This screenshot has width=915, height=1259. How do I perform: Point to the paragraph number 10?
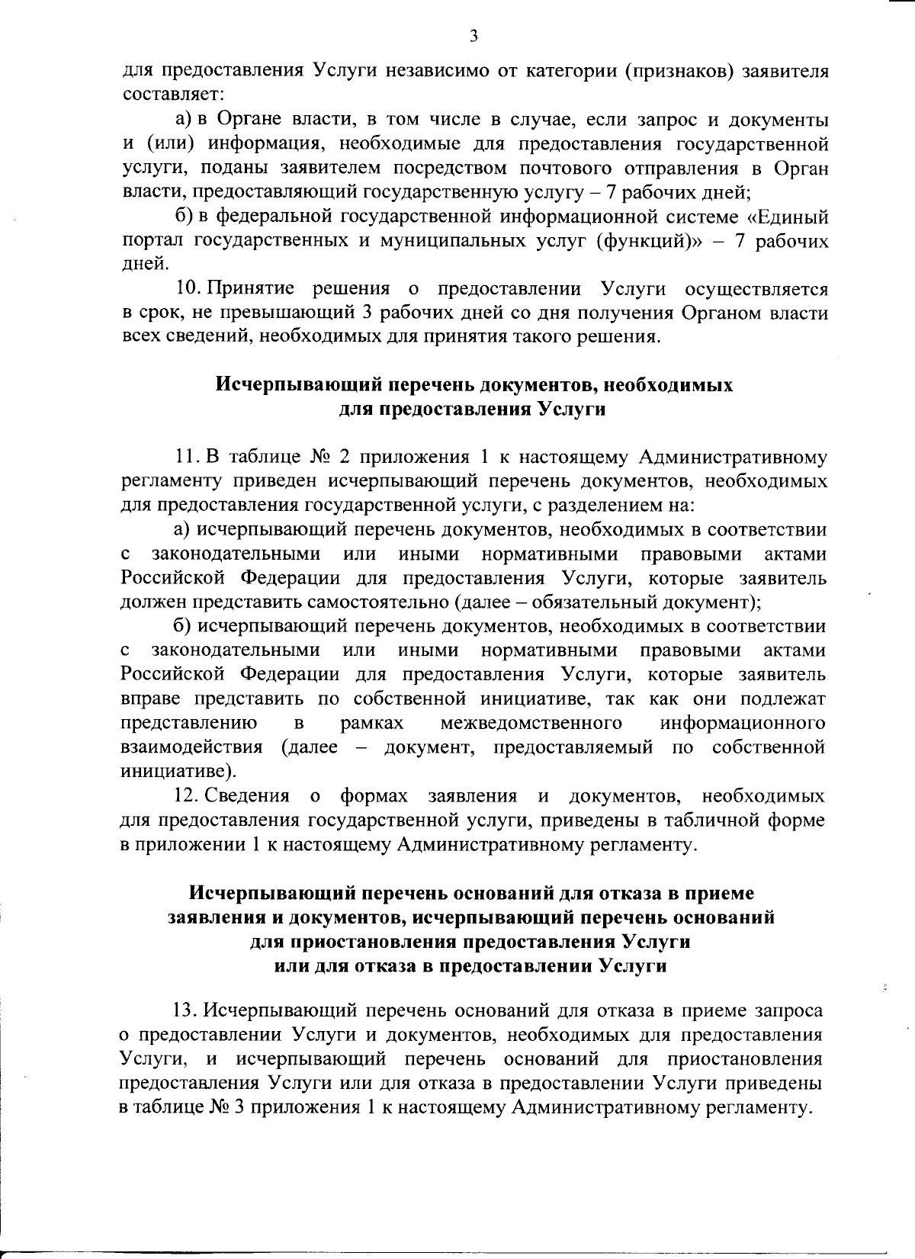188,290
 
